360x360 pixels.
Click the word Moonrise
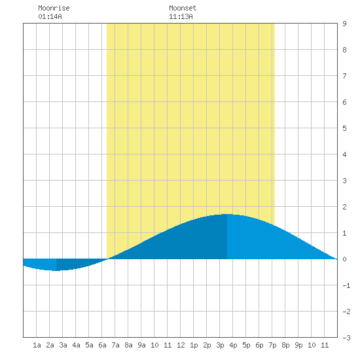[54, 8]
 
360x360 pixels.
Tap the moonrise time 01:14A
[50, 16]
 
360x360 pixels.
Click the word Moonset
[183, 8]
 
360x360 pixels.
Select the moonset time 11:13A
[181, 16]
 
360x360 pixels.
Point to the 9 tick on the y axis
[344, 24]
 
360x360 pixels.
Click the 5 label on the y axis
[344, 128]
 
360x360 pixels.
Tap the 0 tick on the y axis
[344, 259]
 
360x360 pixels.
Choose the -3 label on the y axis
[346, 338]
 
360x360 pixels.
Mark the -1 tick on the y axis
[346, 285]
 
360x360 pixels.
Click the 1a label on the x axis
[37, 345]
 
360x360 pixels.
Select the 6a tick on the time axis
[102, 345]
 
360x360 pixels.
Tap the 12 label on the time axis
[181, 345]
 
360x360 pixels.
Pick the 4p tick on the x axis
[233, 345]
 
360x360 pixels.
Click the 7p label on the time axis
[272, 345]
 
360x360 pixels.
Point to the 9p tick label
[298, 345]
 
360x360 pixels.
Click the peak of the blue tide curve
[227, 214]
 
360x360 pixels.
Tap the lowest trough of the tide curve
[56, 270]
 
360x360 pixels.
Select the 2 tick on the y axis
[344, 207]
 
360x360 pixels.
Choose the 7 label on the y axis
[344, 76]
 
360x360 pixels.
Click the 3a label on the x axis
[63, 345]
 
